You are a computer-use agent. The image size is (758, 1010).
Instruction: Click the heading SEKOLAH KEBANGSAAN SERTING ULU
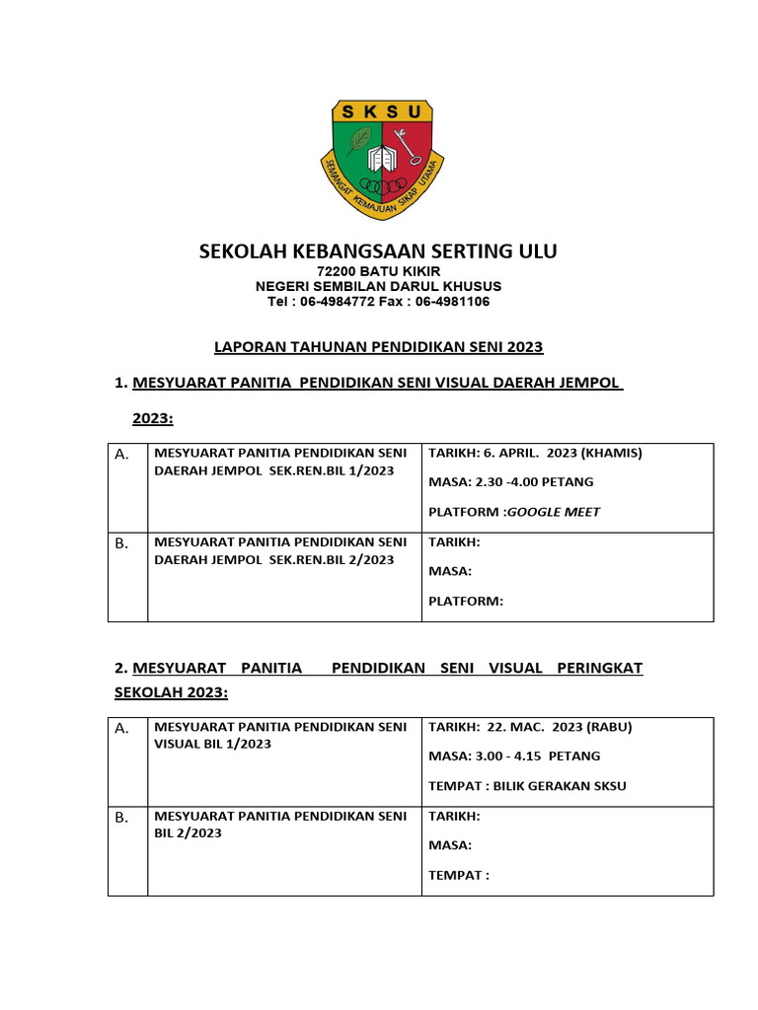pyautogui.click(x=378, y=252)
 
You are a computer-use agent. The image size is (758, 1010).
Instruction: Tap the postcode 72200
pyautogui.click(x=337, y=271)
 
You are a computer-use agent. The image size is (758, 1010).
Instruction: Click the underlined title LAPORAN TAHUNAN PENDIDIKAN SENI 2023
pyautogui.click(x=379, y=347)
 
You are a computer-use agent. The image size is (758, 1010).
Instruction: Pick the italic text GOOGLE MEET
pyautogui.click(x=554, y=512)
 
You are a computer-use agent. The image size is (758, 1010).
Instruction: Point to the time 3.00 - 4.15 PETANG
pyautogui.click(x=537, y=757)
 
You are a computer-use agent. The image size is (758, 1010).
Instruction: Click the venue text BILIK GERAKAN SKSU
pyautogui.click(x=556, y=786)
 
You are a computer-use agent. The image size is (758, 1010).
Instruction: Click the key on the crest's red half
pyautogui.click(x=404, y=149)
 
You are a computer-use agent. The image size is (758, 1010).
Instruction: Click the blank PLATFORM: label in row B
pyautogui.click(x=466, y=601)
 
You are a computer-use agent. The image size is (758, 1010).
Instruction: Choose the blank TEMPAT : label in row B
pyautogui.click(x=459, y=875)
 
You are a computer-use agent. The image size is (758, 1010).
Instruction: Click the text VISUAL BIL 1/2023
pyautogui.click(x=212, y=744)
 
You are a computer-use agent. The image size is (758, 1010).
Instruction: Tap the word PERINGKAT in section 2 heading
pyautogui.click(x=600, y=668)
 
